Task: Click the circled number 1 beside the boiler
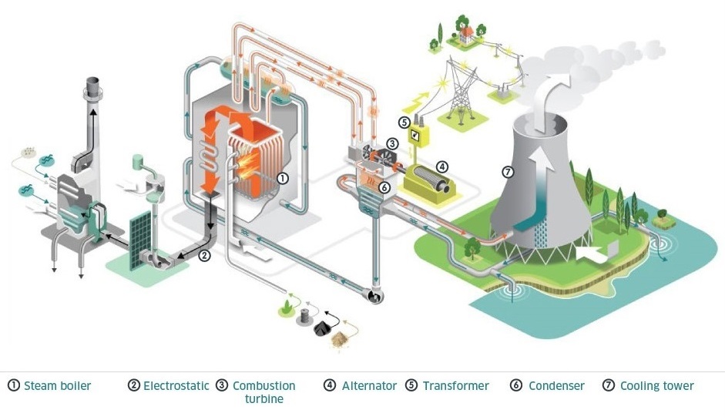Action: [x=283, y=178]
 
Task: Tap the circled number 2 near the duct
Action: [x=204, y=256]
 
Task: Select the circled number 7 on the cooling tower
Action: [x=507, y=171]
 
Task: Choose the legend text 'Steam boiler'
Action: [x=57, y=385]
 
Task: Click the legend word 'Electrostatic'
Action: [x=176, y=385]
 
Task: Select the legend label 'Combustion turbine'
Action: [x=263, y=391]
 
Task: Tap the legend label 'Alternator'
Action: [x=369, y=385]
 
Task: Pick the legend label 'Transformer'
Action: [x=455, y=385]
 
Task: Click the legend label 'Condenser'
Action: [x=556, y=385]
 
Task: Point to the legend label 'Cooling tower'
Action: [x=656, y=385]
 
